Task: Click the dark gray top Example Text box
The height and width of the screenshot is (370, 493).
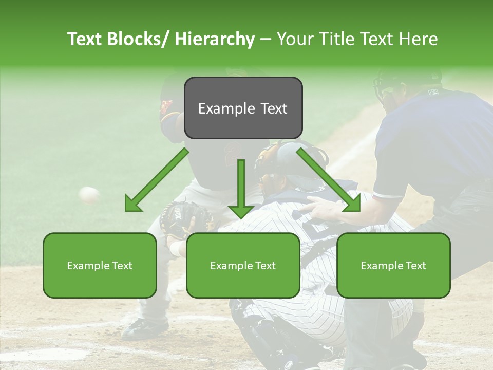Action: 243,108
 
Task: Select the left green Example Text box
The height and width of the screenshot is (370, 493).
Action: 100,265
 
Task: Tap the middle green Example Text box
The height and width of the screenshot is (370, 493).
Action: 243,265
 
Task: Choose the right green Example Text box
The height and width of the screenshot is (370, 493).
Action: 393,265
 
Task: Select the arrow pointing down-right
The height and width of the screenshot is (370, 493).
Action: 329,180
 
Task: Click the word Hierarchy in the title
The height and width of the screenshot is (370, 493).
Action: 215,39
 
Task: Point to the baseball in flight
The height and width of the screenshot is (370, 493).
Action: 89,194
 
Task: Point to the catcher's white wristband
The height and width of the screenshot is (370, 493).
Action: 176,249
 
